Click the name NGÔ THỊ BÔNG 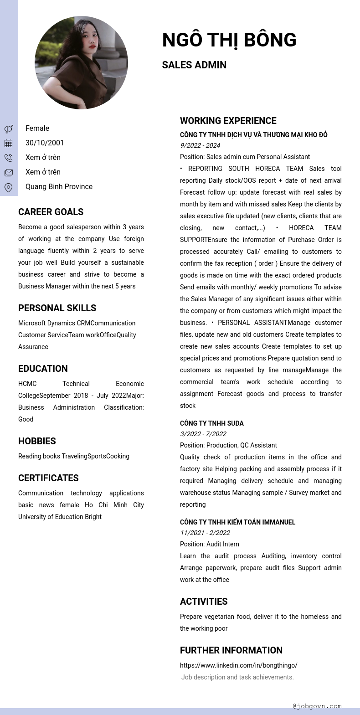pyautogui.click(x=229, y=40)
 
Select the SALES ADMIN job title pyautogui.click(x=194, y=65)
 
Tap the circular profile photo pyautogui.click(x=81, y=63)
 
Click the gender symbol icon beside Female pyautogui.click(x=9, y=129)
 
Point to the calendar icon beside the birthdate pyautogui.click(x=9, y=144)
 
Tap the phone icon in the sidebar pyautogui.click(x=9, y=158)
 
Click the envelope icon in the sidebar pyautogui.click(x=9, y=173)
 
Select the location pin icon pyautogui.click(x=9, y=187)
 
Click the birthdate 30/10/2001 pyautogui.click(x=45, y=143)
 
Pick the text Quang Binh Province pyautogui.click(x=59, y=186)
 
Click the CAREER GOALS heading pyautogui.click(x=51, y=212)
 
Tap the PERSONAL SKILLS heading pyautogui.click(x=57, y=308)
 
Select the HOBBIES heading pyautogui.click(x=37, y=441)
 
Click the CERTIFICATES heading pyautogui.click(x=48, y=478)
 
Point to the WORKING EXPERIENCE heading pyautogui.click(x=228, y=121)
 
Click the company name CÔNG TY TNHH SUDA pyautogui.click(x=211, y=423)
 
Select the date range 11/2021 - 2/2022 pyautogui.click(x=205, y=533)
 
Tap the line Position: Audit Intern pyautogui.click(x=209, y=544)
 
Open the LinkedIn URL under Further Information pyautogui.click(x=238, y=665)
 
